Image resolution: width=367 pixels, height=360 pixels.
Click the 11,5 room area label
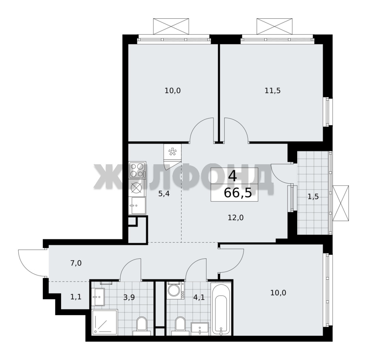273,91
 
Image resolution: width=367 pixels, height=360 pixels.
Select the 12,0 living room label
236,218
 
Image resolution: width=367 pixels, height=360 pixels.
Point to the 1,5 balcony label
313,197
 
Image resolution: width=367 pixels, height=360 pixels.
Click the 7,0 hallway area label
76,263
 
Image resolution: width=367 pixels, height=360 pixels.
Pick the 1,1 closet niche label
76,297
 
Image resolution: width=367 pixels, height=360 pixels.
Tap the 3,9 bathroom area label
129,297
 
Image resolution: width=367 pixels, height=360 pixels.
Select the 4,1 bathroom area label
199,297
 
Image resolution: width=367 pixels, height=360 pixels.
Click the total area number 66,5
238,193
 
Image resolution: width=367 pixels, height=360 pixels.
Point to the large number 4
233,176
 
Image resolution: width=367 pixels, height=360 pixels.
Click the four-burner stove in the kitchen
137,170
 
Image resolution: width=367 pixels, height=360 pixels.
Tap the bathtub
221,309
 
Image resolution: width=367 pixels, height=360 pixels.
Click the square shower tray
104,322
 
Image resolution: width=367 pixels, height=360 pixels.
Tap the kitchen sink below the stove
137,205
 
